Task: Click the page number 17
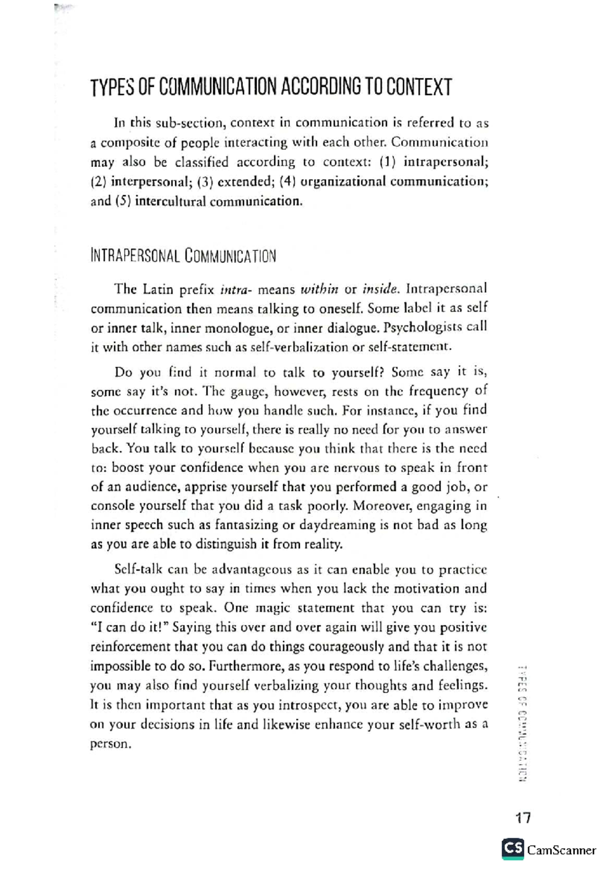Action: pyautogui.click(x=523, y=817)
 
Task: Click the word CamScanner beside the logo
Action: pyautogui.click(x=562, y=851)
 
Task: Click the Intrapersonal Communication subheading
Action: pyautogui.click(x=183, y=256)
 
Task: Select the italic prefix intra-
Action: pyautogui.click(x=235, y=289)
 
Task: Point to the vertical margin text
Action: pyautogui.click(x=523, y=722)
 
